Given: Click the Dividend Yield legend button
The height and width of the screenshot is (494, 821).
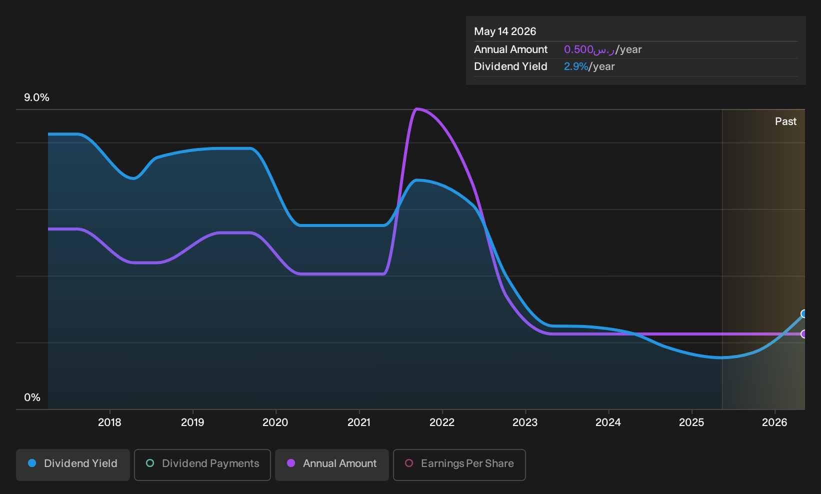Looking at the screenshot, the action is coord(73,464).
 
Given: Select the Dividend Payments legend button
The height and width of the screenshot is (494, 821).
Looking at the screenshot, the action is coord(202,464).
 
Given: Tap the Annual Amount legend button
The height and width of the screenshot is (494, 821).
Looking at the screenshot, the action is coord(331,464).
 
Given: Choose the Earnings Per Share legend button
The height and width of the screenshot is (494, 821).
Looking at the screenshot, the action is coord(459,464).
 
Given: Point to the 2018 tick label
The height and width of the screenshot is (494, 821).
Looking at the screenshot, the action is coord(109,422).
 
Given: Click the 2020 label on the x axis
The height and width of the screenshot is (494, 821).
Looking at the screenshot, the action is coord(275,422).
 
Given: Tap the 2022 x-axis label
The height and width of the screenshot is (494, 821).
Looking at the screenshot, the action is coord(442,422).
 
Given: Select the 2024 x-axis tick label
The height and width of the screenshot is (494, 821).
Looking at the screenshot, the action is coord(608,422).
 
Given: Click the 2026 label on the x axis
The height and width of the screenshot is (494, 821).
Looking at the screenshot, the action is coord(775,422).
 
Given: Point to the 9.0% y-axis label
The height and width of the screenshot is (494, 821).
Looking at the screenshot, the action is coord(36,97).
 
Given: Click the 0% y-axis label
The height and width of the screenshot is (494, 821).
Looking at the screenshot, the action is coord(32,397).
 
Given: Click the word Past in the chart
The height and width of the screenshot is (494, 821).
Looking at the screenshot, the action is coord(786,121).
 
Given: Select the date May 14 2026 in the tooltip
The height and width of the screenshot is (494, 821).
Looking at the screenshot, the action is coord(505,31).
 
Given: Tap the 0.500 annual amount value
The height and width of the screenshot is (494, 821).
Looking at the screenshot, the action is coord(578,49).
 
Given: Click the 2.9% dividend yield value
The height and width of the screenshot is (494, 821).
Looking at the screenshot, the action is coord(576,66).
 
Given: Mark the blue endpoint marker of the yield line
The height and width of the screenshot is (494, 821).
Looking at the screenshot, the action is coord(803,313).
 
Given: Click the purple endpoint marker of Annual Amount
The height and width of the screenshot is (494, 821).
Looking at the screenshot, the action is coord(803,334).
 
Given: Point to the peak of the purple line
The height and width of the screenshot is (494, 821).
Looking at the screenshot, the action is coord(416,109).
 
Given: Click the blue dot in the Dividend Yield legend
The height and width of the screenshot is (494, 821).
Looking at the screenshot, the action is coord(32,463).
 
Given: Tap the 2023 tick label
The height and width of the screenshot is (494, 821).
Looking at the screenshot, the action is coord(525,422).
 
